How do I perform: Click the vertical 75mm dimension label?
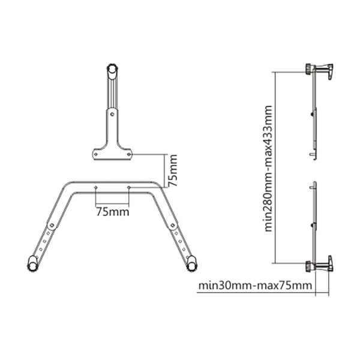172,170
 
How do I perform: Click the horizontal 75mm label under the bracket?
113,212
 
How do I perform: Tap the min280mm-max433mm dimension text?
268,168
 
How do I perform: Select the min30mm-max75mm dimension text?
255,286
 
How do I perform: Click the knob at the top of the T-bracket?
113,68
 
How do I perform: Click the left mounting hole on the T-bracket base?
96,154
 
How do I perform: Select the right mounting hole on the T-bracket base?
129,154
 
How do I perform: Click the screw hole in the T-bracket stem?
112,114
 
